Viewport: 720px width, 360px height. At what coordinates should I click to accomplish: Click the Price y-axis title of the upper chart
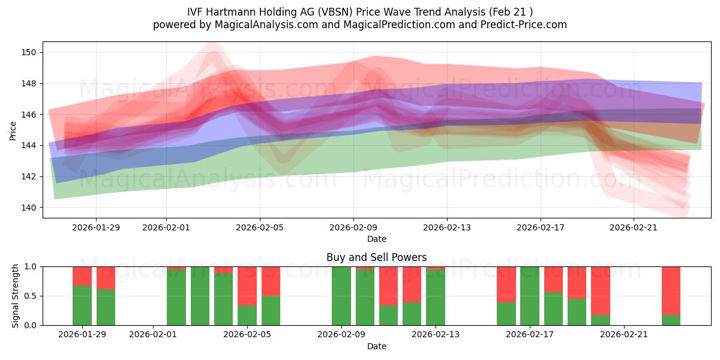click(13, 130)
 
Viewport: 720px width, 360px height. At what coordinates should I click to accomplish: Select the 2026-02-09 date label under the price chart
click(353, 227)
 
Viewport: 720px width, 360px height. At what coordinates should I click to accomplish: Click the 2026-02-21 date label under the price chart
click(634, 227)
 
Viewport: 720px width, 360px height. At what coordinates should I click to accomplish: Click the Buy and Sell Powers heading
click(376, 257)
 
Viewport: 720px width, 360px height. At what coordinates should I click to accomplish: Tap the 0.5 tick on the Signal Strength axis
click(31, 296)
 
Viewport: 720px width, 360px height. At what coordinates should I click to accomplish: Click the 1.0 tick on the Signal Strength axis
click(31, 266)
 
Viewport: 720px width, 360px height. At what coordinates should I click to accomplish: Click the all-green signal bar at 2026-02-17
click(530, 296)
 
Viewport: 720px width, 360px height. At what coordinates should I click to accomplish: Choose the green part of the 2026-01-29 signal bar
click(82, 305)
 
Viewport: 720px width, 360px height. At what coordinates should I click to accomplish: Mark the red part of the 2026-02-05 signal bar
click(247, 286)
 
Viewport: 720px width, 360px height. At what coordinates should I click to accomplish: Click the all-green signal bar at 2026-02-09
click(341, 296)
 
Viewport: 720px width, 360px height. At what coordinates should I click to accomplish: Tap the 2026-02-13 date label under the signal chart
click(435, 335)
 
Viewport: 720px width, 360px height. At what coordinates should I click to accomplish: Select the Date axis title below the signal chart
click(376, 346)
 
